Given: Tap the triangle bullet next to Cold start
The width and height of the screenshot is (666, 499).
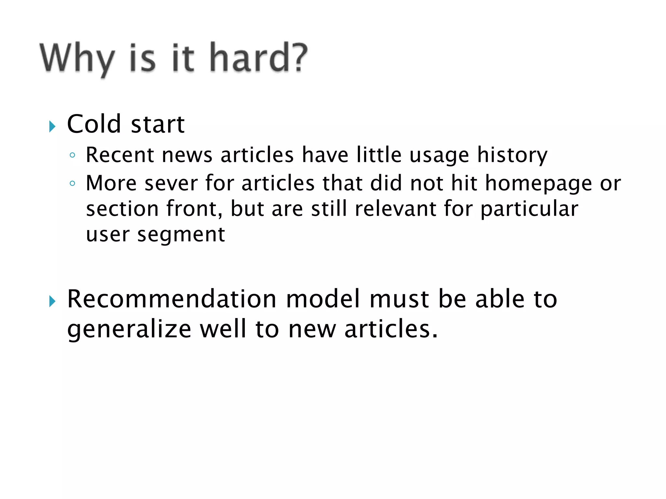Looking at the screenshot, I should [x=52, y=126].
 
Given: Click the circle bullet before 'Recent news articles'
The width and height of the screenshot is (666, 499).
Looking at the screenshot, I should [x=73, y=155].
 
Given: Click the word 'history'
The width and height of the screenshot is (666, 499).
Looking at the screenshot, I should [x=512, y=155].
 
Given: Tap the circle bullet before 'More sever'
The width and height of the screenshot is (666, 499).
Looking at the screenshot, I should [x=73, y=184].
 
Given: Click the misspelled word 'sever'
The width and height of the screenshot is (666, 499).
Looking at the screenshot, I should [x=171, y=183].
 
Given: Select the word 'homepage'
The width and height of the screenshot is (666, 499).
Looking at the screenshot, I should [x=539, y=184].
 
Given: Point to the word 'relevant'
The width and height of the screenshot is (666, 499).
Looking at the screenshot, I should [x=395, y=209].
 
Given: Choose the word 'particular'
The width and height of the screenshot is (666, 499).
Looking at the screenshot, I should [x=529, y=209].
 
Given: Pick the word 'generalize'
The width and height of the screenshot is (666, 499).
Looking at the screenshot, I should [x=129, y=329].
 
